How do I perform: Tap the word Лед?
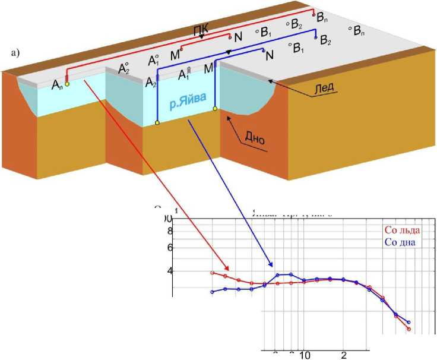click(x=324, y=87)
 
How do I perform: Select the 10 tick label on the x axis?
click(x=305, y=355)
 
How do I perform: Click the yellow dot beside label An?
click(x=67, y=84)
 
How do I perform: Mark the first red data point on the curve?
click(x=213, y=273)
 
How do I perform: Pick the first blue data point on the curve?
click(x=213, y=292)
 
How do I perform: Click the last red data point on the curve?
click(x=408, y=329)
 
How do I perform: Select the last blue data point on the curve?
click(x=409, y=323)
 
